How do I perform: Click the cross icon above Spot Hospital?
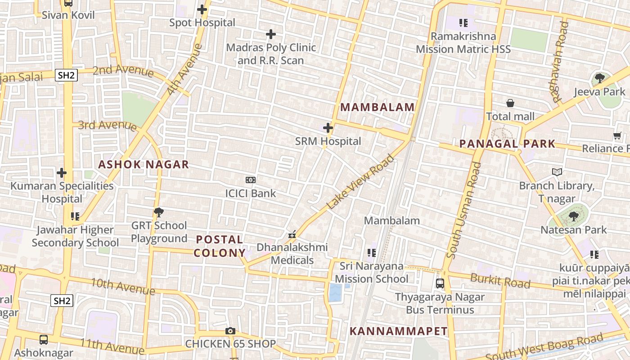click(202, 9)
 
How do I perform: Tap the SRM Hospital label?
click(328, 141)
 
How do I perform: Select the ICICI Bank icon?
click(251, 180)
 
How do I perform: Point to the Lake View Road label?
click(360, 182)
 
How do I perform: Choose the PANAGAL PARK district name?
click(507, 144)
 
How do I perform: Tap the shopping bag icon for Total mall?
click(510, 103)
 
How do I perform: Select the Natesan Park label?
click(574, 230)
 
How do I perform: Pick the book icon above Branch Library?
click(557, 172)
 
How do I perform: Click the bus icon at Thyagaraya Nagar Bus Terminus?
click(440, 284)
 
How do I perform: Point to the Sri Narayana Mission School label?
click(372, 272)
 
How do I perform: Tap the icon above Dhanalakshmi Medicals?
click(292, 234)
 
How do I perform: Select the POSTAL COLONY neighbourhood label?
click(220, 246)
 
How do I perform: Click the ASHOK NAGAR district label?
click(144, 164)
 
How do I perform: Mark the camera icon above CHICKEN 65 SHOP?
click(230, 331)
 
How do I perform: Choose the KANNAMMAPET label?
click(399, 331)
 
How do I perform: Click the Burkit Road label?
click(500, 280)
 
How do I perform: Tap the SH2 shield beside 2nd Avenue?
click(66, 75)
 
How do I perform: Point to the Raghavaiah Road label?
click(560, 62)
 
